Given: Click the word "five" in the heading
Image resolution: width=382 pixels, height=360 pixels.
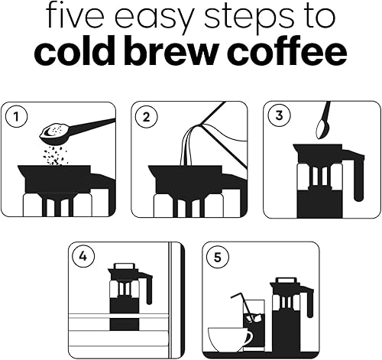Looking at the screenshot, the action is click(76, 15).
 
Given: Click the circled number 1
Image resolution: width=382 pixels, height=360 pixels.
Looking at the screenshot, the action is click(16, 117).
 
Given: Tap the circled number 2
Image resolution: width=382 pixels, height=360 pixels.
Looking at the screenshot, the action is click(146, 117).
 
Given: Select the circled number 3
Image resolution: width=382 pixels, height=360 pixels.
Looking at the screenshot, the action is click(280, 115).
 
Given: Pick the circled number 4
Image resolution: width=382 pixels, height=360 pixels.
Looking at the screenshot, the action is click(83, 256).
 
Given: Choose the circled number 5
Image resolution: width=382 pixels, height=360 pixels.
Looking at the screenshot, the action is click(218, 258).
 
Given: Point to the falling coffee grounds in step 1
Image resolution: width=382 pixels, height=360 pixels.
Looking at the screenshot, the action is click(54, 155).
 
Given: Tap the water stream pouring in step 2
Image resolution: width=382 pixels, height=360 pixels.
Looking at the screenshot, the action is click(188, 145).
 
